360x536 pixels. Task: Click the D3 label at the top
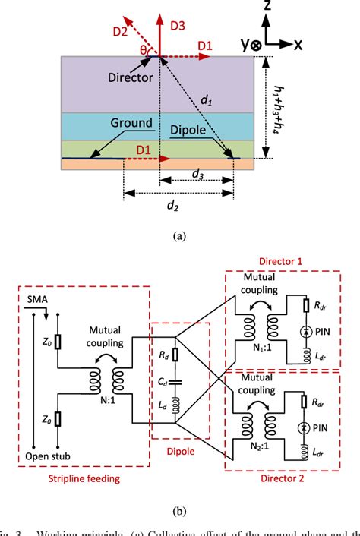point(177,26)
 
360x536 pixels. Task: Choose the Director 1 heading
point(289,260)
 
